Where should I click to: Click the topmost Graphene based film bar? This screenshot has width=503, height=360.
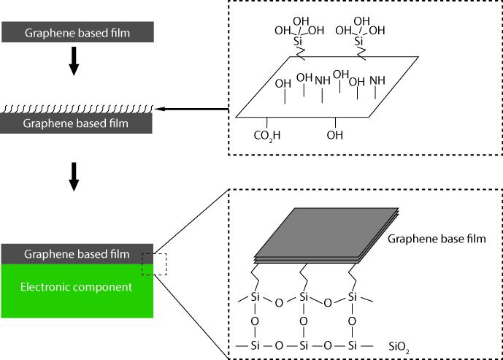pos(77,31)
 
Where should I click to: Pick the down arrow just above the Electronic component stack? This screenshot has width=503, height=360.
pos(73,176)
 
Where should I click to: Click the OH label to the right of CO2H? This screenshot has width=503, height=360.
pos(336,135)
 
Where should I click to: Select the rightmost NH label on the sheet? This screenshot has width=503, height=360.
pos(377,80)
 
